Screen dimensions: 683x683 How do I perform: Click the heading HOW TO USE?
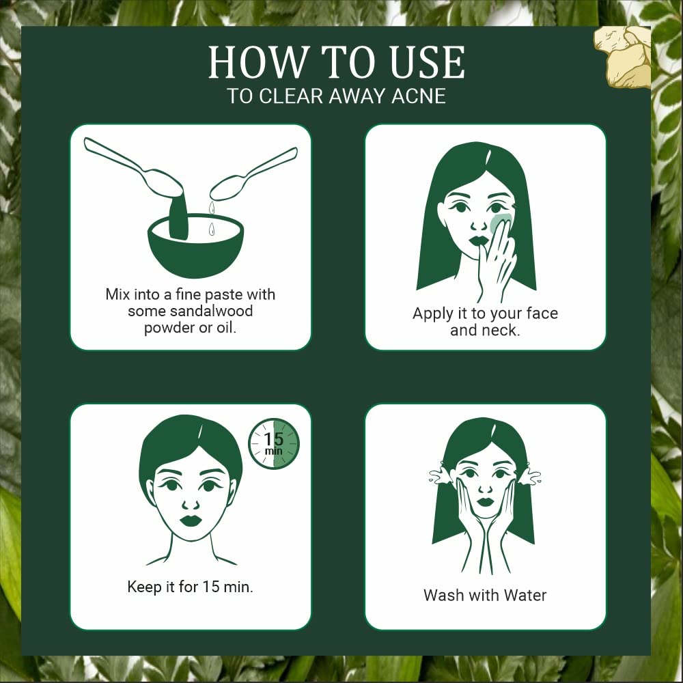click(x=336, y=63)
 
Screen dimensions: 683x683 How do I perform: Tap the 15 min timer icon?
click(x=273, y=444)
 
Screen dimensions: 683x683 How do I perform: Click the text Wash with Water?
click(x=485, y=595)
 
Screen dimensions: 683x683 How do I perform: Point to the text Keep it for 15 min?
click(x=190, y=587)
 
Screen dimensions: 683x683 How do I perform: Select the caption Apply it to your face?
click(x=485, y=313)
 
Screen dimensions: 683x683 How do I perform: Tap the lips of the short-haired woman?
click(x=191, y=520)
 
